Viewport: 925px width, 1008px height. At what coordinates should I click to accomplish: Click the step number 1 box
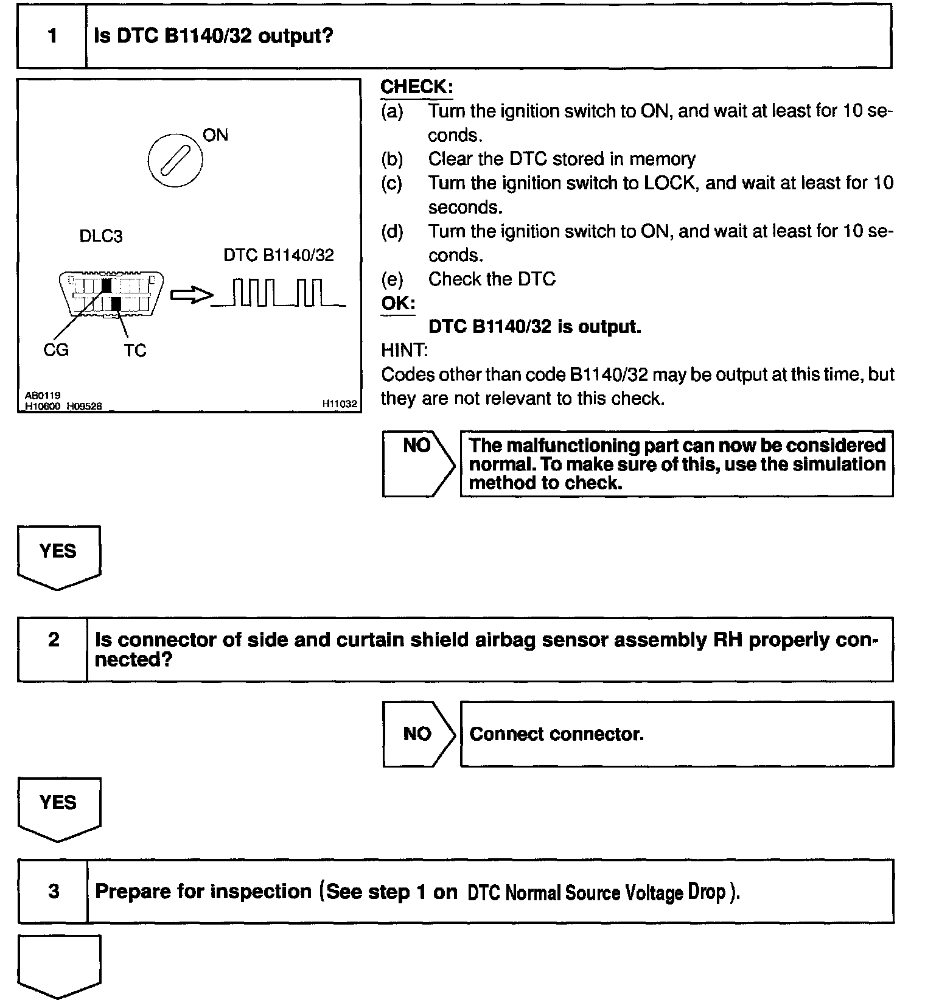(x=52, y=36)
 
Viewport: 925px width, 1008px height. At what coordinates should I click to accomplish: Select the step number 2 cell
(x=53, y=649)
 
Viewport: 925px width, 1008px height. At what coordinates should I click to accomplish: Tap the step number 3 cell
(x=54, y=891)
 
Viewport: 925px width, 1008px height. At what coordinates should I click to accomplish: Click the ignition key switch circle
(x=175, y=160)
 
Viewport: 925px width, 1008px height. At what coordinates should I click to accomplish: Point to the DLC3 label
(x=101, y=236)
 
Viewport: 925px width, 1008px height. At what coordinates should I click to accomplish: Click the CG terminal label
(x=56, y=350)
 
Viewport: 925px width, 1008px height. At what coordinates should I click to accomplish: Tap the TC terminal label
(x=135, y=351)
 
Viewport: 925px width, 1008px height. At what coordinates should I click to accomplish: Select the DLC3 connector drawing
(x=111, y=295)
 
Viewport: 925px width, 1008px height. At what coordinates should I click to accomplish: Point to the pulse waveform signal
(x=278, y=293)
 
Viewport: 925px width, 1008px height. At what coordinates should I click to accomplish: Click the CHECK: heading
(x=417, y=87)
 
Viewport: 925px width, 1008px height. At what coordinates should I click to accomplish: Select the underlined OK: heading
(x=398, y=303)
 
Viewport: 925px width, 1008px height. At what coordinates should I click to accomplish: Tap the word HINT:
(x=404, y=350)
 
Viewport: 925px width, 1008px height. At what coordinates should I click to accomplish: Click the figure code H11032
(x=340, y=404)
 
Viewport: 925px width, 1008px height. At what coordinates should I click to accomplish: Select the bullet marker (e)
(x=392, y=279)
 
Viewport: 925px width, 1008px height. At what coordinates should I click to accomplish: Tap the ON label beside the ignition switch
(x=215, y=135)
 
